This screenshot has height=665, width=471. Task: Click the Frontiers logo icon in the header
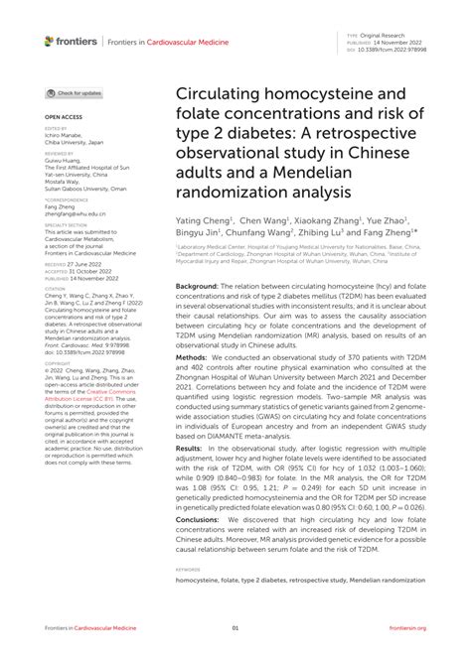click(x=50, y=41)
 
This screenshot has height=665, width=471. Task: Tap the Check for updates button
click(x=75, y=92)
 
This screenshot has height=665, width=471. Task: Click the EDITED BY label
click(x=57, y=129)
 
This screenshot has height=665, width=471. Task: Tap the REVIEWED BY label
click(x=59, y=154)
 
